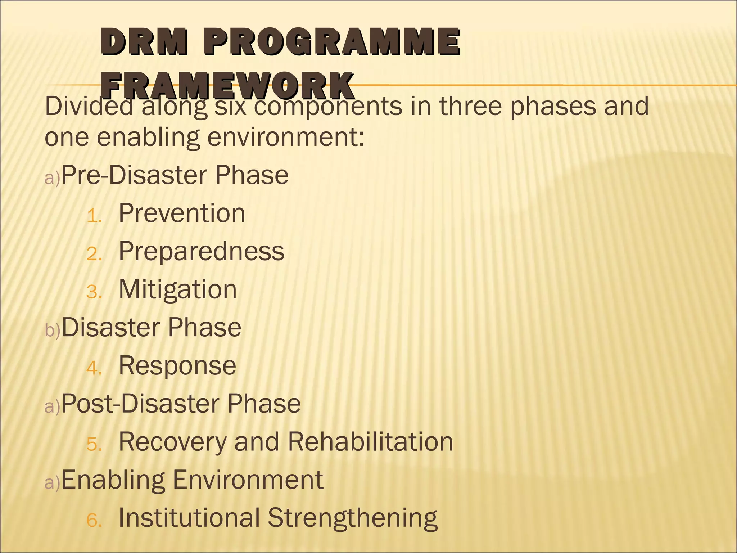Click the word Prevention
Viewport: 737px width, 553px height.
tap(182, 213)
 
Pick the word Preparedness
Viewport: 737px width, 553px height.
tap(202, 251)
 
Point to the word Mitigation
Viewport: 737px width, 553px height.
tap(178, 289)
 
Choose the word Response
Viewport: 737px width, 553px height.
tap(177, 366)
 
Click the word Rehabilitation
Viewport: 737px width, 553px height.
tap(370, 442)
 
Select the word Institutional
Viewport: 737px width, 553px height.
tap(189, 518)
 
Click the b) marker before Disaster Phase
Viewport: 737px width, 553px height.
tap(52, 331)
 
